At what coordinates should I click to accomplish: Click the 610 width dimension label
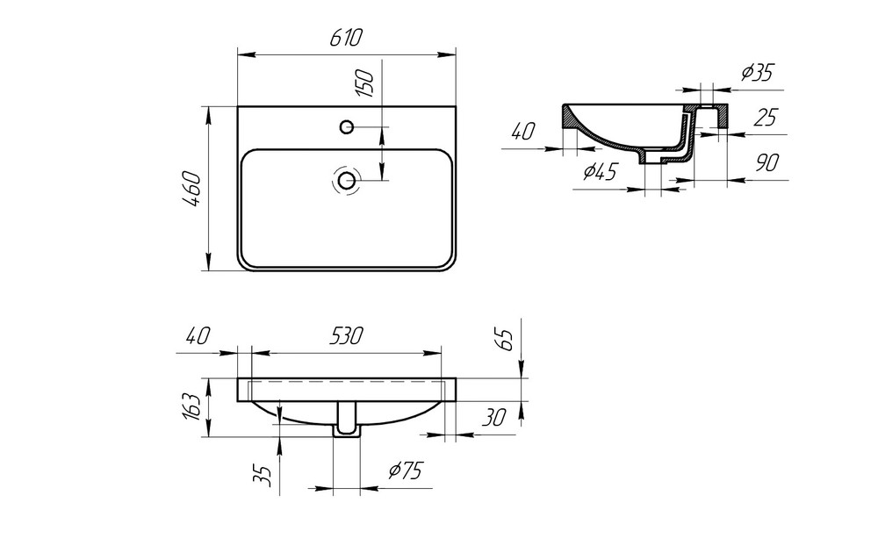[347, 38]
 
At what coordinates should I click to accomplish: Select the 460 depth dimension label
[193, 190]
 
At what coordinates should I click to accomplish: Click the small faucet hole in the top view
[347, 127]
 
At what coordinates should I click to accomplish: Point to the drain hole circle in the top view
[348, 181]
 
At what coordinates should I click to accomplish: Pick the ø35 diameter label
[756, 73]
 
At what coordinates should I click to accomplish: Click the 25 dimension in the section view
[765, 118]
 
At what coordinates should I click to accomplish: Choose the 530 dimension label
[347, 335]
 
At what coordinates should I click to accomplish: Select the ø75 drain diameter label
[405, 471]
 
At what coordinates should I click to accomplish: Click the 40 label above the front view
[199, 335]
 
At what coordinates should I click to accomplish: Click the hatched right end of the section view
[720, 114]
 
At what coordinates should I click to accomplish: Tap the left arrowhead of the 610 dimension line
[243, 54]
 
